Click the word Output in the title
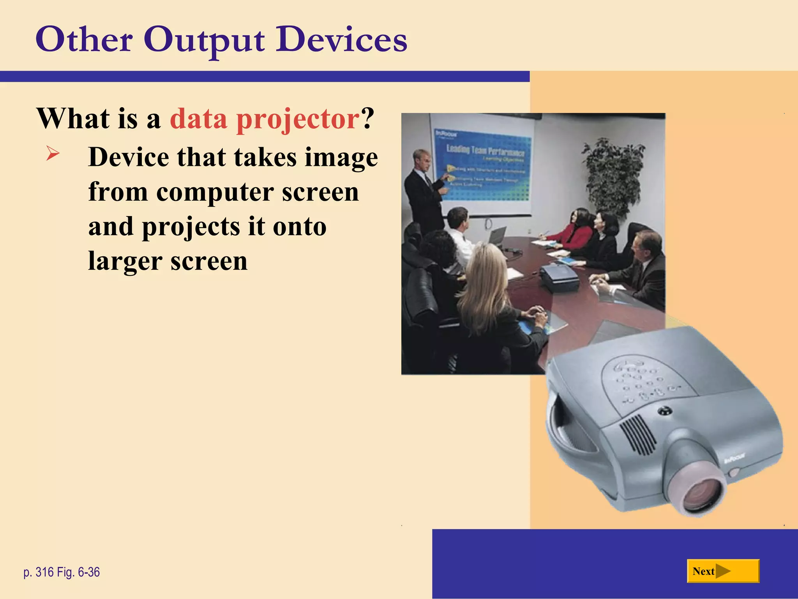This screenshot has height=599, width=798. (x=204, y=40)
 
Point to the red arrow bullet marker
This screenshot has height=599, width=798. (x=53, y=153)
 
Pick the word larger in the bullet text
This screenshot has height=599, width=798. (x=125, y=261)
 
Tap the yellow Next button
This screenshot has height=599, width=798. (x=723, y=571)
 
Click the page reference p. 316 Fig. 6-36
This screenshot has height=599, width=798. (x=62, y=572)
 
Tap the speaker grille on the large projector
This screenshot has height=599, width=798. (x=637, y=434)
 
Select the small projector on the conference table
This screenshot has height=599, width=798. (x=559, y=277)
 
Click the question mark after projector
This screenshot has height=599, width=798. (x=367, y=119)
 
